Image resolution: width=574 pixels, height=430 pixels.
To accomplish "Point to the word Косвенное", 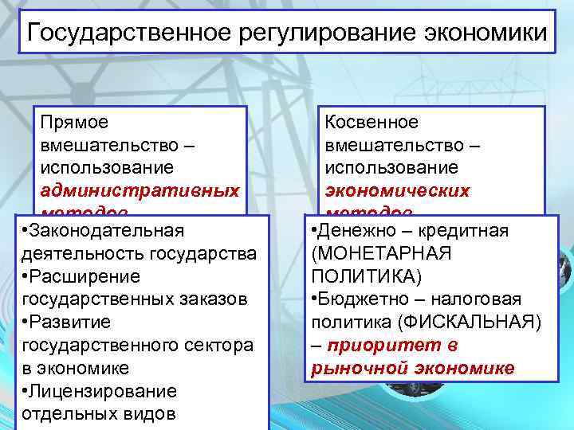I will point(372,122).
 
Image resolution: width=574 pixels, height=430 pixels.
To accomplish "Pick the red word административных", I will point(140,191).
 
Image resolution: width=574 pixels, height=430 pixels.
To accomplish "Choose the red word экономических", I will point(398,191).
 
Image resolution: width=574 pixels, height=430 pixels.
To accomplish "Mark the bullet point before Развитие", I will point(26,322).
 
